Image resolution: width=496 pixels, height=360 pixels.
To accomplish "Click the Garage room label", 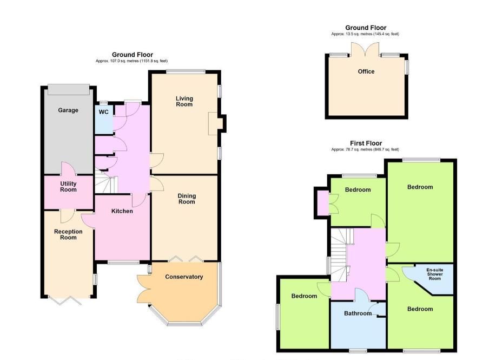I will pyautogui.click(x=68, y=110).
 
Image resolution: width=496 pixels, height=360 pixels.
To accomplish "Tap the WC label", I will pyautogui.click(x=103, y=112).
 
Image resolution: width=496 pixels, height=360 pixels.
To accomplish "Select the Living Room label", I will pyautogui.click(x=184, y=101).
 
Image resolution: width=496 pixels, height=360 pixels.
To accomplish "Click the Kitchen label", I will pyautogui.click(x=122, y=211).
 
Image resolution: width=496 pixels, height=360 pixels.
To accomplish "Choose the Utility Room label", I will pyautogui.click(x=68, y=187).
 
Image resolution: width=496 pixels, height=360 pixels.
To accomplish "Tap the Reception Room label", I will pyautogui.click(x=68, y=234).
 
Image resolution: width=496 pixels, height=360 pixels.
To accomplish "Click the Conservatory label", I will pyautogui.click(x=184, y=277).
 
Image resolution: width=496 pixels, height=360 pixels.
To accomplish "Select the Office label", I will pyautogui.click(x=366, y=71).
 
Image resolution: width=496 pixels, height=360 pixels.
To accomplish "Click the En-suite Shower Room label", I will pyautogui.click(x=434, y=274).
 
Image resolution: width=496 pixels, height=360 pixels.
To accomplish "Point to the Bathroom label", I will pyautogui.click(x=358, y=313).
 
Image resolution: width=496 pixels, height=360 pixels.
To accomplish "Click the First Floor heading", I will pyautogui.click(x=366, y=143).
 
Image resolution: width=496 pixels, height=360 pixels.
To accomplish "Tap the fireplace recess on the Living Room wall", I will pyautogui.click(x=214, y=123).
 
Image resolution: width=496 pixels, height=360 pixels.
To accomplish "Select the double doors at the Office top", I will pyautogui.click(x=366, y=50).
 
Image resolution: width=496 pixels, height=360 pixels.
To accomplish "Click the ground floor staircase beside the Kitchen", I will pyautogui.click(x=106, y=183).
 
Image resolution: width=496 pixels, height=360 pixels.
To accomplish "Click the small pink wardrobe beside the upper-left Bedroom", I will pyautogui.click(x=322, y=202).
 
